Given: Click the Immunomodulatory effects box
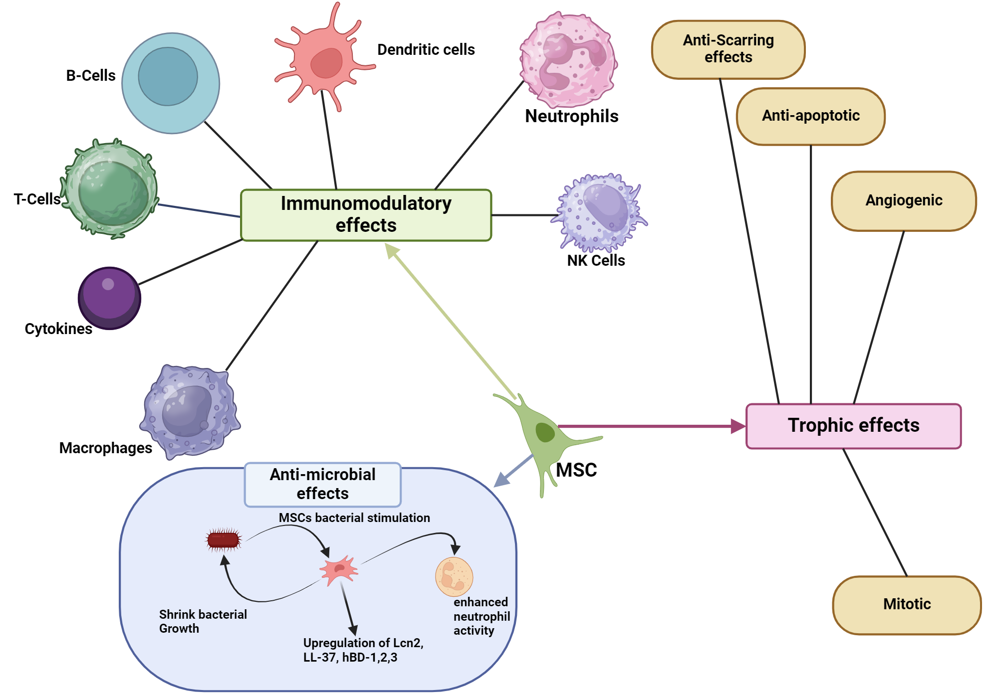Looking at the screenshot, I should pos(366,215).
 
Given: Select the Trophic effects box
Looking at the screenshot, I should pos(853,426).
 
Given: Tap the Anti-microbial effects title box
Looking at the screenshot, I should pos(322,484).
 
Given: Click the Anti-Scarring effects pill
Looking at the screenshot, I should pos(728,49).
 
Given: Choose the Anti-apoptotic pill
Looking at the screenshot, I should pos(810,116).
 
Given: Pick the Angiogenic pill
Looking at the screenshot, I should pos(904,201).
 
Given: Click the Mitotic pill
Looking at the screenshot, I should pos(907,605).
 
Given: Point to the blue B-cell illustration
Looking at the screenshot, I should pos(171,83).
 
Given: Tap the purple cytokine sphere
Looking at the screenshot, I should pos(109,298).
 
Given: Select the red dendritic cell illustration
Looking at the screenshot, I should pos(325,62).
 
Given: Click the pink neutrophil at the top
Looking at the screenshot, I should pos(568,60).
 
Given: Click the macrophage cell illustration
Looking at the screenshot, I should pos(190,411).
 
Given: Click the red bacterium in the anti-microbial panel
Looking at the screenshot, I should pos(223,539).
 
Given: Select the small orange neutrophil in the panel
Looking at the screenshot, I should pos(454,576).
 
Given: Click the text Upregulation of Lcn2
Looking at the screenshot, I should pos(363,643).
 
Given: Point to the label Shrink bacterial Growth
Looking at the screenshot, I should pos(203,621).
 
